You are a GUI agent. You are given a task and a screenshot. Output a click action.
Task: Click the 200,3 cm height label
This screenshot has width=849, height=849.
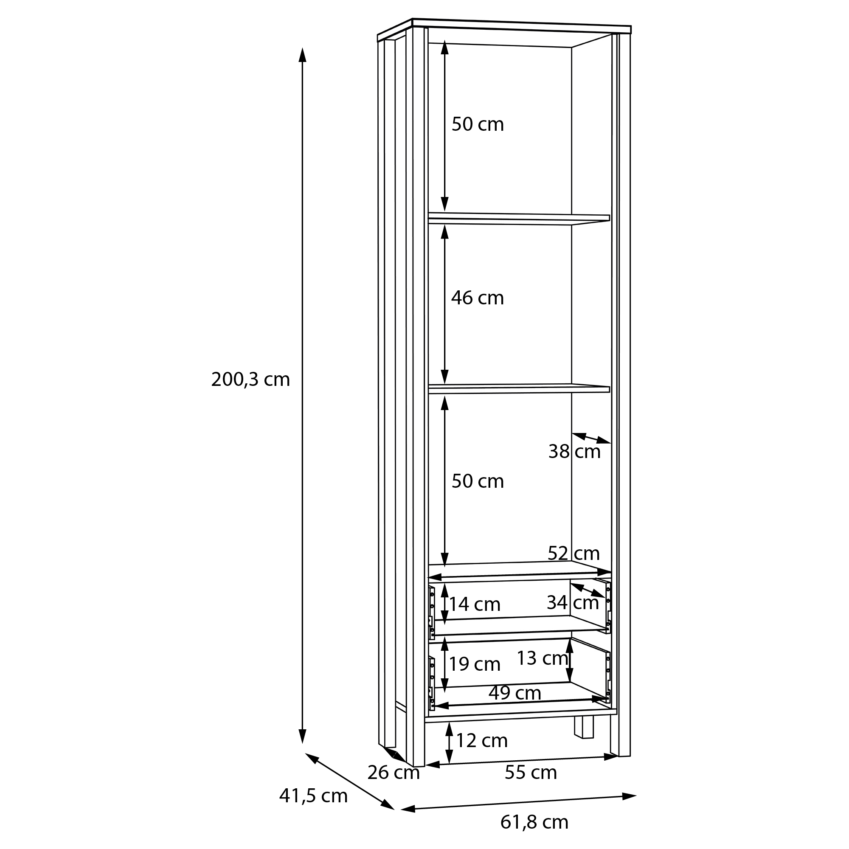(x=250, y=380)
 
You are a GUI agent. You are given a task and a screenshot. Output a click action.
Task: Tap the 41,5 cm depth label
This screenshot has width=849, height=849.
(x=313, y=796)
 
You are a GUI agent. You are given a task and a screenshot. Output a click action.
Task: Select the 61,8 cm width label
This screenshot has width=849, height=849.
(x=534, y=822)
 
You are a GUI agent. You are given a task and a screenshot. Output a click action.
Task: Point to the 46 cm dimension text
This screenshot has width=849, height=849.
(x=477, y=298)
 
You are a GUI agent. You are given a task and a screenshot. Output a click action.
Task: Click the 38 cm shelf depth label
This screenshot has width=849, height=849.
(x=574, y=451)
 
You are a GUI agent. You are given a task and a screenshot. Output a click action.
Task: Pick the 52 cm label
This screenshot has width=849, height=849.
(x=573, y=553)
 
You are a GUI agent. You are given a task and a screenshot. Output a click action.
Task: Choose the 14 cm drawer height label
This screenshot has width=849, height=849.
(x=475, y=604)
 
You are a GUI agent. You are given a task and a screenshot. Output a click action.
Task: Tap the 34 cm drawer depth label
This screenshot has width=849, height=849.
(x=573, y=602)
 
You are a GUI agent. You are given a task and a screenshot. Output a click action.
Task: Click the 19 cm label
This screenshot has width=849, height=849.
(x=475, y=664)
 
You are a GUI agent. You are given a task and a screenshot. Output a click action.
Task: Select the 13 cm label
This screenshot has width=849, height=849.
(x=542, y=658)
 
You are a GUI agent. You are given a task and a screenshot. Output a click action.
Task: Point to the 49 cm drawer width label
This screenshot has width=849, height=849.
(x=514, y=693)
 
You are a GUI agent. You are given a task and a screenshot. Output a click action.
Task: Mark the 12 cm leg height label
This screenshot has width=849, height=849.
(x=482, y=740)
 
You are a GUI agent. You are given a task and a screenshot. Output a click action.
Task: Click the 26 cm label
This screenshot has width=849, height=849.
(x=394, y=773)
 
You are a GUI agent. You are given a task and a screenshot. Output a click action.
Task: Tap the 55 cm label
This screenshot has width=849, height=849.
(x=530, y=772)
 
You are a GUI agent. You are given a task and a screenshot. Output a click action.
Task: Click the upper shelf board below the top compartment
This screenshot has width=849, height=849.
(x=519, y=218)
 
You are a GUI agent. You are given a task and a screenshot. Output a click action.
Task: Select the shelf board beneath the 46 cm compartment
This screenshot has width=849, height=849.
(x=519, y=388)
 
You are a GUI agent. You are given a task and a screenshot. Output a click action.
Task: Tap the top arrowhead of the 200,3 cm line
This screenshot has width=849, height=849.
(x=302, y=55)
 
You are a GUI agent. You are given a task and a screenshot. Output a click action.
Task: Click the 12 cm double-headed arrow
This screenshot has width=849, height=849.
(x=449, y=743)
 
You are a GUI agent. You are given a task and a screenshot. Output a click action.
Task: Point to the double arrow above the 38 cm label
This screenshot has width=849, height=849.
(x=591, y=438)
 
